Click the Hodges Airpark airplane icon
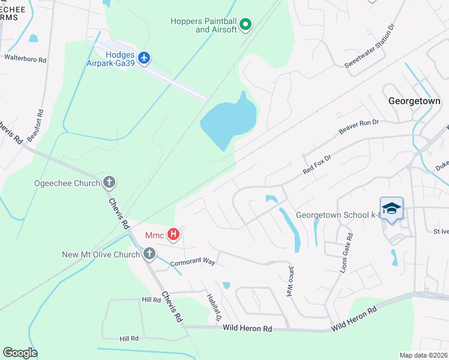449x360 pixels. coord(143,58)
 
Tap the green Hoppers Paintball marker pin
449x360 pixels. coord(245,25)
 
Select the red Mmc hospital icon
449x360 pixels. coord(173,234)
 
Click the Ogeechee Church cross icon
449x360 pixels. coord(109,182)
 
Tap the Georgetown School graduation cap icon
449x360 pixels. coord(391,208)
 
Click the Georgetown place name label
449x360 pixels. coord(414,101)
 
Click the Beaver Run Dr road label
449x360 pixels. coord(359,126)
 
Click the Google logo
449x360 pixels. coord(20,352)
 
